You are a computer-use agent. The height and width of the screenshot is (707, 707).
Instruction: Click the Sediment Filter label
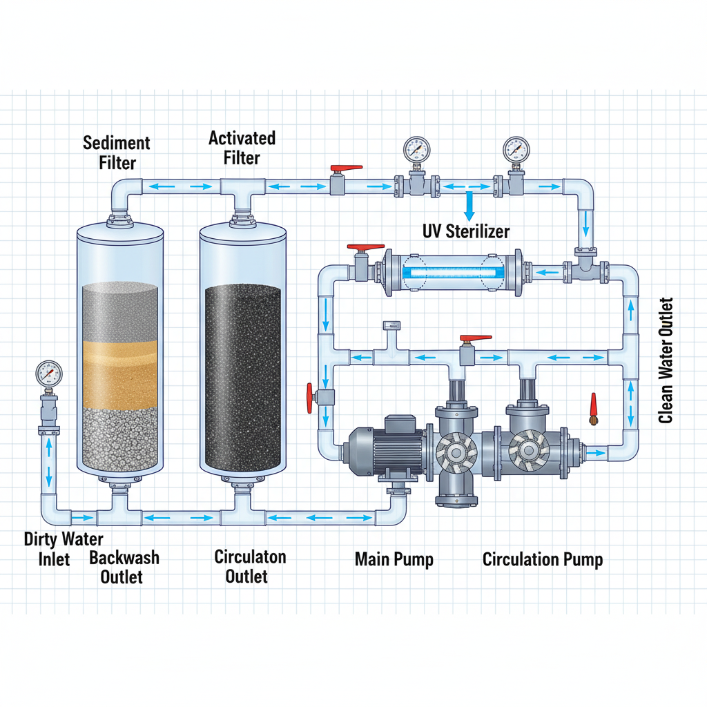point(116,153)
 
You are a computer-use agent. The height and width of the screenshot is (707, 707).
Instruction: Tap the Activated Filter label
point(242,148)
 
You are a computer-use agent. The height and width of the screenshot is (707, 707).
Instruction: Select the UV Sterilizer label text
point(466,231)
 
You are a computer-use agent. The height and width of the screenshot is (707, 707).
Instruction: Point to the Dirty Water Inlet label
point(64,548)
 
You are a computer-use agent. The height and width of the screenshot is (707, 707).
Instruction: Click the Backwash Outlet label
point(124,566)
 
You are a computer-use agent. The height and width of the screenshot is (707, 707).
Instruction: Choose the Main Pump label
point(394,559)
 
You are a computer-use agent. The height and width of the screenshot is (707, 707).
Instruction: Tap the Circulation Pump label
point(542,559)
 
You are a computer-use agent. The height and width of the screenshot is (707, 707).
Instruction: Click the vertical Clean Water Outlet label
point(666,360)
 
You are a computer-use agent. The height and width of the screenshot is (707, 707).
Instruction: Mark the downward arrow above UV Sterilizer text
point(469,206)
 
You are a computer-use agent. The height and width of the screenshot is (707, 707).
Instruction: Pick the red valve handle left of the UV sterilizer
point(365,247)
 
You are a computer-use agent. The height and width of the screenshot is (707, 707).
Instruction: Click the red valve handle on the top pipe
point(346,168)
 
